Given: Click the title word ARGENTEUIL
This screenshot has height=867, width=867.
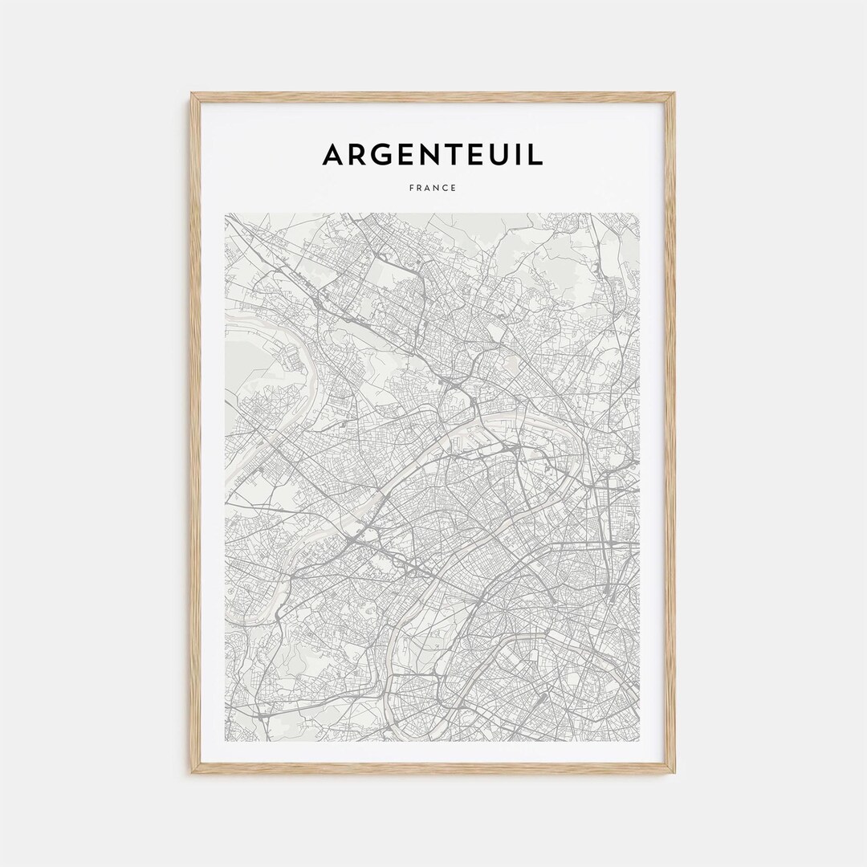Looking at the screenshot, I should (433, 154).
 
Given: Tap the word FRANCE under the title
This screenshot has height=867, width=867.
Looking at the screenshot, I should (433, 188).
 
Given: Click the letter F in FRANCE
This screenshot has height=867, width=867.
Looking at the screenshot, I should (411, 188).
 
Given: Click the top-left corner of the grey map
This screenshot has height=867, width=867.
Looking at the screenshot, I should (226, 214).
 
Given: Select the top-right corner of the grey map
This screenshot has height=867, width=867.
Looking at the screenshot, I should (640, 214).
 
